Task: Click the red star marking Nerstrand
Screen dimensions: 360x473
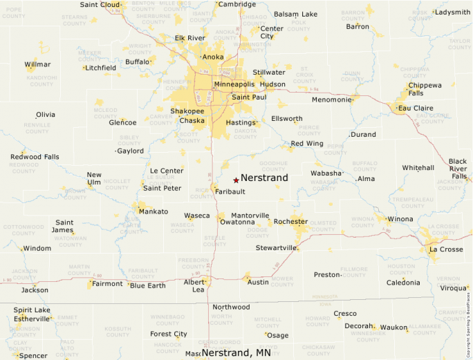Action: click(236, 180)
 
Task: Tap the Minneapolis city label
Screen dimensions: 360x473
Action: click(234, 84)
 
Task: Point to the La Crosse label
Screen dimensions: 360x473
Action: click(446, 249)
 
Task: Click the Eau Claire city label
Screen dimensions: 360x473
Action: click(415, 108)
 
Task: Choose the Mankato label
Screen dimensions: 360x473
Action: click(153, 211)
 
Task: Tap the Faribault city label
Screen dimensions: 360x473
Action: click(230, 191)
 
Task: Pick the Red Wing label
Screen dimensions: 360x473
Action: click(306, 144)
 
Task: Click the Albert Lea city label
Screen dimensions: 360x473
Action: click(194, 286)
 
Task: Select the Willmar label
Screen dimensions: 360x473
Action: click(37, 64)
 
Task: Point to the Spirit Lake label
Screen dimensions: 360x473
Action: click(33, 310)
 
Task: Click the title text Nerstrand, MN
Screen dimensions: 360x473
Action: click(236, 353)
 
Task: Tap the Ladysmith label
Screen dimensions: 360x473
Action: click(453, 12)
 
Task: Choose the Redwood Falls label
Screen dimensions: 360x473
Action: click(35, 157)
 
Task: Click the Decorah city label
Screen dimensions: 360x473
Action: click(359, 325)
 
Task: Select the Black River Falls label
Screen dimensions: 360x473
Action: click(458, 169)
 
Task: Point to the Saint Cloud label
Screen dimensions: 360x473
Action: click(100, 4)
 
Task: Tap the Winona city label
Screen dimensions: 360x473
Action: click(400, 219)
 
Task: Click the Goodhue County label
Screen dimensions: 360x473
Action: click(273, 166)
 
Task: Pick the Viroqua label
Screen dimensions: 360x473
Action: click(454, 287)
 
